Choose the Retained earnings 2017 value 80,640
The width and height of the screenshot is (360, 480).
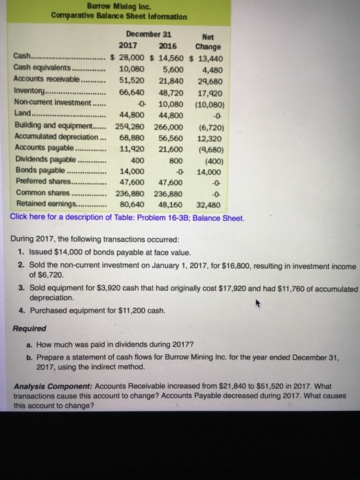(135, 204)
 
